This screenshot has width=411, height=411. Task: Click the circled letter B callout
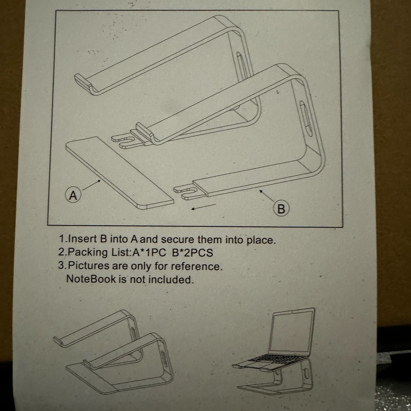tap(281, 209)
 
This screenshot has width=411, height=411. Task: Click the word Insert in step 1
tap(82, 239)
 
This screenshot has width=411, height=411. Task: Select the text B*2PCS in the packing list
tap(193, 252)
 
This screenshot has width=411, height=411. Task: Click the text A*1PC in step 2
tap(148, 252)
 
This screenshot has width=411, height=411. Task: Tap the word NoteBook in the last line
tap(91, 279)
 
